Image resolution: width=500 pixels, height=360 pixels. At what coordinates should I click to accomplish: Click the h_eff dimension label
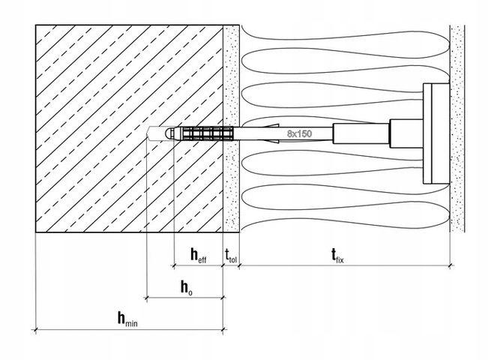199,256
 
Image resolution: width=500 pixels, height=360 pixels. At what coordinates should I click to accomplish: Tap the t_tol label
231,256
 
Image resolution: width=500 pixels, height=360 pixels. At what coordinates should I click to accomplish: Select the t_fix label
337,256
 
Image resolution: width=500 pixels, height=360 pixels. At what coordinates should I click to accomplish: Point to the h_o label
187,287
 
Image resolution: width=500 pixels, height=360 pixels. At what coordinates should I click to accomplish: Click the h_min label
127,319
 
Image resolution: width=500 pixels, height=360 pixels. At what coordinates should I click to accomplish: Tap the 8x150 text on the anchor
299,133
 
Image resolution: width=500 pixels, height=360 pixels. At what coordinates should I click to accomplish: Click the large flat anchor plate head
436,133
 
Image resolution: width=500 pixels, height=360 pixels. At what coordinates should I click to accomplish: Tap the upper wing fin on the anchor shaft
271,124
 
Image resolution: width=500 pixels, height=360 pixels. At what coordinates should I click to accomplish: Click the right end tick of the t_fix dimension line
451,265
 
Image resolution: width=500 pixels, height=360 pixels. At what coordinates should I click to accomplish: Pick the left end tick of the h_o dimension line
146,298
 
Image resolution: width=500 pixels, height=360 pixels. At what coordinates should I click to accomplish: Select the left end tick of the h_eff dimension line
174,265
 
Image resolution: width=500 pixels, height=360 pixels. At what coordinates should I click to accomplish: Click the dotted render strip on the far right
457,128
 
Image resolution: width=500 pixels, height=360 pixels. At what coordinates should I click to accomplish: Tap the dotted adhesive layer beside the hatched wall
231,128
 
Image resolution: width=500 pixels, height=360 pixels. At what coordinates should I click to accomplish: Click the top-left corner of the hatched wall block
36,25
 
